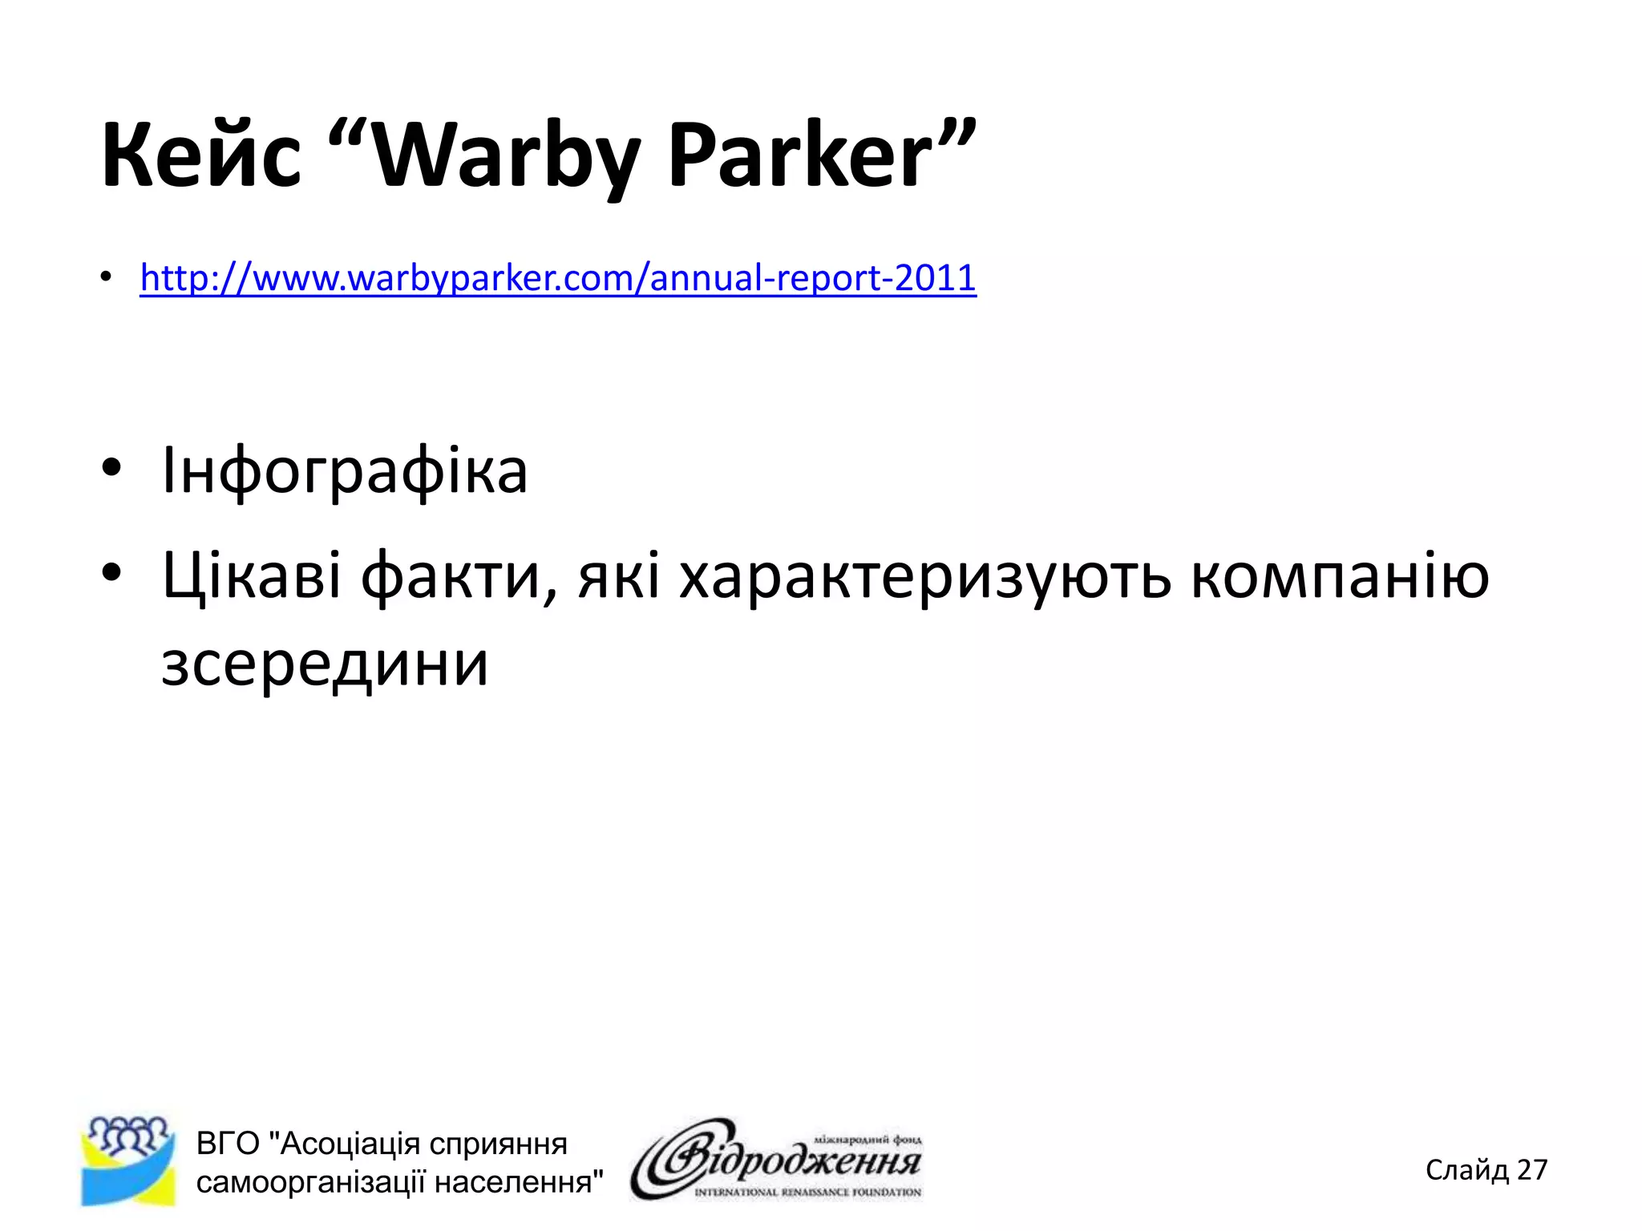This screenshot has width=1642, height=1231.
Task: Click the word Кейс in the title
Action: click(201, 155)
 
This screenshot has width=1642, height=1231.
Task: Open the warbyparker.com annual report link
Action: click(558, 278)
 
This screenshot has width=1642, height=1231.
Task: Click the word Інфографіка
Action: click(345, 470)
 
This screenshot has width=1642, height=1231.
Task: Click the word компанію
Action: click(1340, 575)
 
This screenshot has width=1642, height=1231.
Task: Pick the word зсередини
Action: click(325, 664)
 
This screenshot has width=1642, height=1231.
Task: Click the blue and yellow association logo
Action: click(128, 1160)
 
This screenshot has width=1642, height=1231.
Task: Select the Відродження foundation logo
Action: click(776, 1160)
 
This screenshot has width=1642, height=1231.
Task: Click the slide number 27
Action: click(1532, 1170)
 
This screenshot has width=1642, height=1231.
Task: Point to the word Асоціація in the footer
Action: click(344, 1144)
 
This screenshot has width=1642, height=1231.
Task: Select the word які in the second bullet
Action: click(619, 575)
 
